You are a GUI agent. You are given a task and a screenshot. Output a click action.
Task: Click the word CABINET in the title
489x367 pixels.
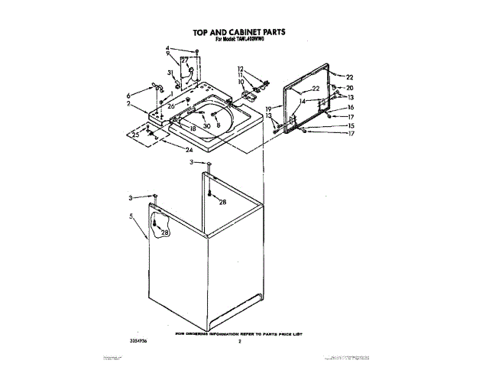point(246,33)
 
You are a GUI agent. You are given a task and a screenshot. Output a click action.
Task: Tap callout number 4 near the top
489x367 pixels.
point(167,50)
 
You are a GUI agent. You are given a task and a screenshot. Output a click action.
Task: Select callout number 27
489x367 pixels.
point(184,60)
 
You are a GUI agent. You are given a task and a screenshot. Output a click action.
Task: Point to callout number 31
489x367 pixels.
point(171,73)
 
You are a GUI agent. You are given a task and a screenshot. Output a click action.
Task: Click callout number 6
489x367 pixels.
point(129,95)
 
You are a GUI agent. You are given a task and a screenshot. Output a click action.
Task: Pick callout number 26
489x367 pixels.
point(171,106)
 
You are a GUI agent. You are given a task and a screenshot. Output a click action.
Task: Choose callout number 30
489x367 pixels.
point(206,126)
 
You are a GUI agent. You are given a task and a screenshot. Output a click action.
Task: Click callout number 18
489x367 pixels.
point(193,129)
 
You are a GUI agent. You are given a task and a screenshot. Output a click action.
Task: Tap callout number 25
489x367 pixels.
point(136,135)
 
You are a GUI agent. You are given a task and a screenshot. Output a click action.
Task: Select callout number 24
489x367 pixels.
point(189,150)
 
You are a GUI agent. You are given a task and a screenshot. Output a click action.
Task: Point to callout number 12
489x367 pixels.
point(239,70)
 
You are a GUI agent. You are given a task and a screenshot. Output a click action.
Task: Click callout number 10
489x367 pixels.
point(240,82)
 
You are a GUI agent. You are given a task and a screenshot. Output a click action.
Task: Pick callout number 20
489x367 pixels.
point(350,88)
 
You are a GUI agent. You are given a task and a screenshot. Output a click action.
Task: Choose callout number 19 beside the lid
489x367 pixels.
point(269,109)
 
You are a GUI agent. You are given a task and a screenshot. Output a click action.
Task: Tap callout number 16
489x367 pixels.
point(351,108)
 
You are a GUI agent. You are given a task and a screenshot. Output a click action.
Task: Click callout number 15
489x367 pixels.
point(351,125)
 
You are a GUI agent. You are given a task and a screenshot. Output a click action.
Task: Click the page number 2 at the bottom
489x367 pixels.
point(239,342)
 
